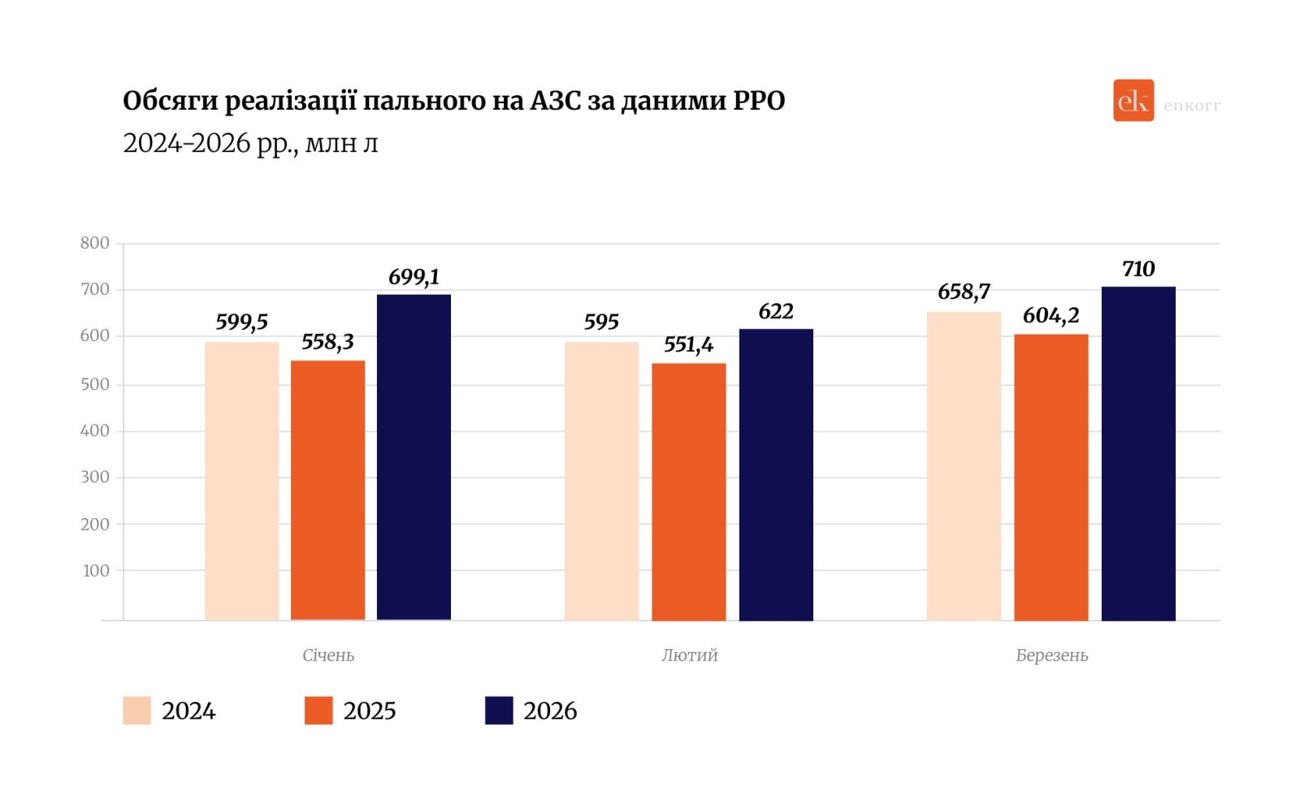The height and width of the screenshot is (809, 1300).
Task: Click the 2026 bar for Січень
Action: (414, 456)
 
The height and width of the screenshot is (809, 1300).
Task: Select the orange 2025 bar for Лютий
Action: (689, 491)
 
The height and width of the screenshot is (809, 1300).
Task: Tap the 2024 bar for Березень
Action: (964, 466)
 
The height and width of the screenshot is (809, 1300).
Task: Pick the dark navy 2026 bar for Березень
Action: (1138, 453)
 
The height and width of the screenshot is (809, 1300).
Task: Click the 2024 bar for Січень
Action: (241, 481)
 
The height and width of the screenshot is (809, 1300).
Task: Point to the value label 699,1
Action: (414, 278)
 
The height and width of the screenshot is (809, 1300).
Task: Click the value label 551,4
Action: (688, 345)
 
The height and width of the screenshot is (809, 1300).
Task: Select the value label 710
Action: (1138, 269)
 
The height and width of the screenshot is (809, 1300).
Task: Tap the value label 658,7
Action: (964, 292)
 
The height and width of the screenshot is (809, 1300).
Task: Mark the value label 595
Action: (601, 322)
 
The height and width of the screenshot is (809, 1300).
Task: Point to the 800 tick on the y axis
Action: (94, 243)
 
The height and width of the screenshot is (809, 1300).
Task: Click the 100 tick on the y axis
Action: (96, 570)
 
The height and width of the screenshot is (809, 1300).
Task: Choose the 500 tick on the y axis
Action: (94, 384)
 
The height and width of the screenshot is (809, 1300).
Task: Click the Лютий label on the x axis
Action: (689, 655)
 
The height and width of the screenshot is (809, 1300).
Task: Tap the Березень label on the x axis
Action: (1051, 655)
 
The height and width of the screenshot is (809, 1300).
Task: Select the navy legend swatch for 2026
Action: (499, 710)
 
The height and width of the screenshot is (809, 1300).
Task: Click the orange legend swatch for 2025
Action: (318, 710)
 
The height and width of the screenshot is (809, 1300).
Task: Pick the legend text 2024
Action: (188, 711)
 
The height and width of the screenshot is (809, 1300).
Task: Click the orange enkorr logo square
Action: (1133, 101)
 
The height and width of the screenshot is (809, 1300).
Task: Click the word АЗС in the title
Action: (555, 101)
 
